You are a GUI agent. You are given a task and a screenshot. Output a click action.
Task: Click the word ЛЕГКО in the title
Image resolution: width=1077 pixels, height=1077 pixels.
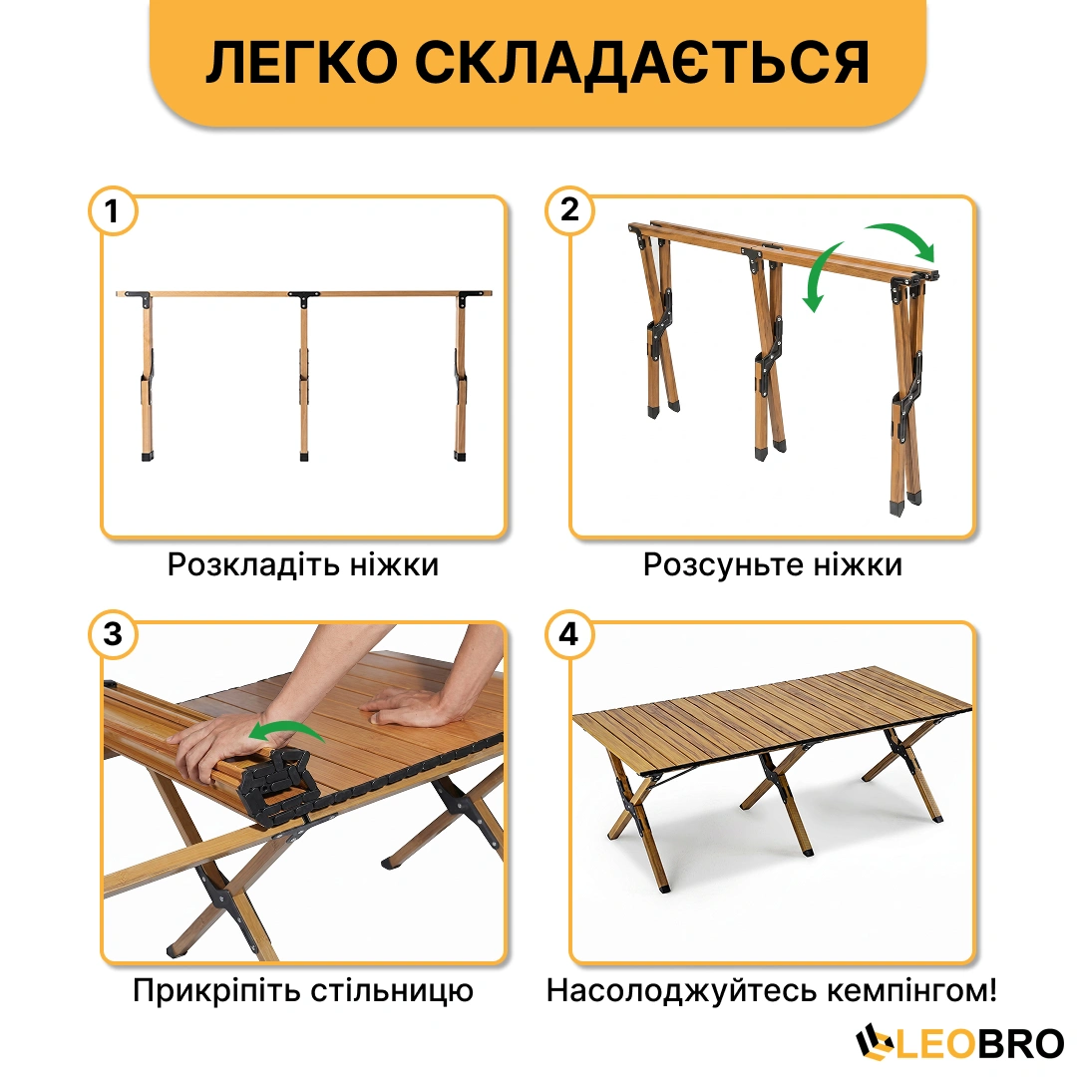click(x=302, y=63)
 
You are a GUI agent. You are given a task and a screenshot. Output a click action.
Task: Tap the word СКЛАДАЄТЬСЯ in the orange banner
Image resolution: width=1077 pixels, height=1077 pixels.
click(x=642, y=63)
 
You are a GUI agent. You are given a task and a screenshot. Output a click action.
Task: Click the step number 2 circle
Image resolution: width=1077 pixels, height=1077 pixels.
click(x=569, y=210)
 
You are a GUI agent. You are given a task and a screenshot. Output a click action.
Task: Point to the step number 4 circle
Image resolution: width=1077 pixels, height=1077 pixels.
click(x=569, y=634)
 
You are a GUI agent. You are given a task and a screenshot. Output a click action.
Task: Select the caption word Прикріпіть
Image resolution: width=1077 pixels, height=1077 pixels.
click(x=215, y=991)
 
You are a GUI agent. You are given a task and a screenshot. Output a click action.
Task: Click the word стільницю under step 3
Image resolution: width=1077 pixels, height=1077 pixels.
click(x=392, y=991)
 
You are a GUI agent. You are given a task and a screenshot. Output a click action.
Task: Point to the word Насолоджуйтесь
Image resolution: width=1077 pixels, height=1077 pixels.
click(x=681, y=991)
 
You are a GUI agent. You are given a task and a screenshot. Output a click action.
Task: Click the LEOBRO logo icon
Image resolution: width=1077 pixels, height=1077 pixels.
click(x=875, y=1042)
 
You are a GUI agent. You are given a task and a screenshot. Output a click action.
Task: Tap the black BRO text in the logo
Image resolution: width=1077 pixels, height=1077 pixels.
click(x=1020, y=1044)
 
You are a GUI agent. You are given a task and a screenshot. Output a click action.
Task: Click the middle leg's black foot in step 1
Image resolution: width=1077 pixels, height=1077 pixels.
click(x=304, y=456)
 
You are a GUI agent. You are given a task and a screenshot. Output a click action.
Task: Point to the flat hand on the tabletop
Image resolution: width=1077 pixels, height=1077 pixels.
click(x=405, y=707)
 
